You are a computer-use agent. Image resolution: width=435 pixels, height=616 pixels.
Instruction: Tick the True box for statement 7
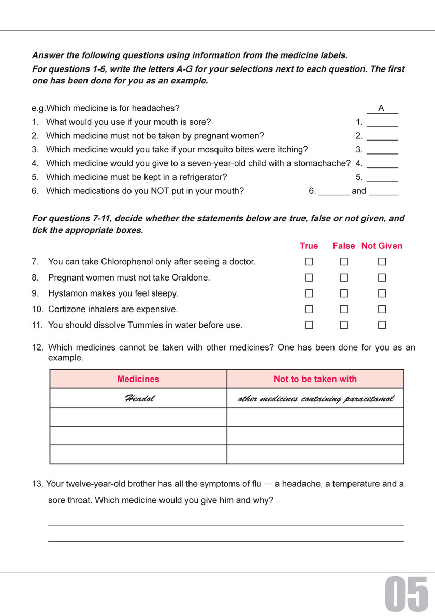[309, 262]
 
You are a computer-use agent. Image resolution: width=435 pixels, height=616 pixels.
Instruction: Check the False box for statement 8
[344, 278]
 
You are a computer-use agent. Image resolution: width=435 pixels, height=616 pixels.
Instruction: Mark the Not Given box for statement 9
[382, 293]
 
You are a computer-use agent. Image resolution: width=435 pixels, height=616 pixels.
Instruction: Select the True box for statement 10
[309, 310]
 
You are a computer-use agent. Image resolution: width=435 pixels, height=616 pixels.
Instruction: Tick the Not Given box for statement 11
[382, 326]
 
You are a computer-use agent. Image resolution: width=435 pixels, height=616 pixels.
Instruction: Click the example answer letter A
[381, 108]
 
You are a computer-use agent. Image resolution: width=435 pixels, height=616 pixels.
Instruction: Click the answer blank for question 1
[382, 123]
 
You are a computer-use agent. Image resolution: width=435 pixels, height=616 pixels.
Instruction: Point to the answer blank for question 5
[382, 177]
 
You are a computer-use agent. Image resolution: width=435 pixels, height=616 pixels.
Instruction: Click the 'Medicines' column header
[138, 379]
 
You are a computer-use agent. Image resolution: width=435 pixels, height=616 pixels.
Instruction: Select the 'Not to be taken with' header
[315, 379]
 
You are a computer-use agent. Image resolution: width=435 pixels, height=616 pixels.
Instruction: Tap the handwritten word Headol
[139, 399]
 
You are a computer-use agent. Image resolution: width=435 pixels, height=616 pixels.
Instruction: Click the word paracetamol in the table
[369, 399]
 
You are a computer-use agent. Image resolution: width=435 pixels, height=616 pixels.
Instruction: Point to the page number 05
[407, 593]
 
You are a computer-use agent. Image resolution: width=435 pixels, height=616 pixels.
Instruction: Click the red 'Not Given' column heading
[382, 246]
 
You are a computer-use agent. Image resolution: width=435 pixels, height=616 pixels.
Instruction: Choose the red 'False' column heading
[344, 246]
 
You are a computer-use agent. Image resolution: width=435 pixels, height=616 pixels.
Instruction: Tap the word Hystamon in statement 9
[65, 293]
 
